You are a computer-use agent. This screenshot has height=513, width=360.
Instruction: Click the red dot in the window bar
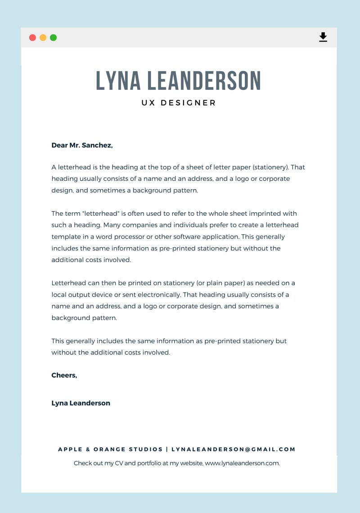click(32, 38)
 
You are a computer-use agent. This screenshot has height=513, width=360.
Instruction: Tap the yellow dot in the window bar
click(43, 38)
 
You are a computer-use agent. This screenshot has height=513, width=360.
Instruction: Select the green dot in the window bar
click(53, 38)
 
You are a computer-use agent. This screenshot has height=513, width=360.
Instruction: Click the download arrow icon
click(323, 37)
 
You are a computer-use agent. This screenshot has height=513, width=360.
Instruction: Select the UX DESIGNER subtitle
click(179, 103)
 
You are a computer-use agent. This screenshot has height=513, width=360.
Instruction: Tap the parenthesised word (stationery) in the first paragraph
click(270, 167)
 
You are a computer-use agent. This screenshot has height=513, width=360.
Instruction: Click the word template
click(66, 236)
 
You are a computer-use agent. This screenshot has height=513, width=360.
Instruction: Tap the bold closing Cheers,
click(64, 375)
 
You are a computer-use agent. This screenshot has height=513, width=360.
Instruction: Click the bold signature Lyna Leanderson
click(81, 403)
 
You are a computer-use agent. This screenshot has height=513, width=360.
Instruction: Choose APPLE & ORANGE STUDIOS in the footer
click(110, 449)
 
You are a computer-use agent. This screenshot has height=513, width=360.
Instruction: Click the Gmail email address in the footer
click(233, 449)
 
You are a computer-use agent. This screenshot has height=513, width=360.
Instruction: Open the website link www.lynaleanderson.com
click(242, 463)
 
